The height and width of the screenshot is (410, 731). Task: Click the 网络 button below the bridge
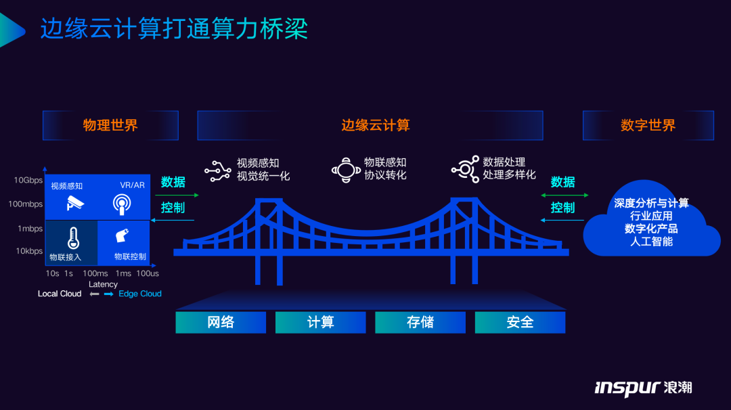click(x=221, y=323)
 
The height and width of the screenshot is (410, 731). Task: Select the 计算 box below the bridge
click(x=320, y=323)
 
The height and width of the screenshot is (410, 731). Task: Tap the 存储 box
click(x=420, y=323)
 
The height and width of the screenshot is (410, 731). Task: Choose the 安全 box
click(x=520, y=323)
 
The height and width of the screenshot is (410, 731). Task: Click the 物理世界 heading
click(x=110, y=125)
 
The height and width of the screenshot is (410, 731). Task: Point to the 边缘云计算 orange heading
click(x=376, y=125)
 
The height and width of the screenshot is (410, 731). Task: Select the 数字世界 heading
click(x=648, y=125)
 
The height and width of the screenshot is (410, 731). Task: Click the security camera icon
click(x=75, y=203)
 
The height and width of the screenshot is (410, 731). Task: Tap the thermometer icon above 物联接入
click(x=73, y=238)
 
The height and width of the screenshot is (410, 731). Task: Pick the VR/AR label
click(x=132, y=185)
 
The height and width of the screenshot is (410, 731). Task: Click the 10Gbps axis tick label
click(x=28, y=181)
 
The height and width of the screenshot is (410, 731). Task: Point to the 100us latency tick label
click(x=147, y=273)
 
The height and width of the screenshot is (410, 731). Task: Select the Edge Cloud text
click(x=140, y=294)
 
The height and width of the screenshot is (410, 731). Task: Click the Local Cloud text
click(x=60, y=294)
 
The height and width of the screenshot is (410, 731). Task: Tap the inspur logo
click(x=643, y=387)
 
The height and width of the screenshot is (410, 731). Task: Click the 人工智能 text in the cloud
click(x=652, y=241)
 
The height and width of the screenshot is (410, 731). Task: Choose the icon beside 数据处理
click(x=465, y=169)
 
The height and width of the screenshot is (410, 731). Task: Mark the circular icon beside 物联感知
click(x=346, y=170)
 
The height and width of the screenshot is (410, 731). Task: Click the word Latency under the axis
click(x=103, y=284)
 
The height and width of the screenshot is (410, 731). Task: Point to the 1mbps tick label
click(x=30, y=229)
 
